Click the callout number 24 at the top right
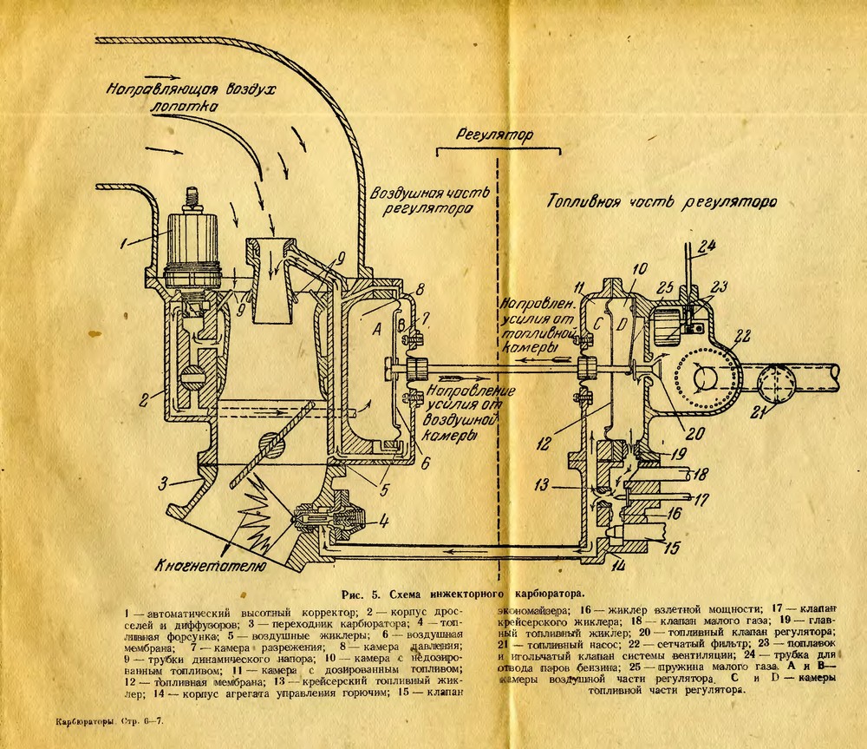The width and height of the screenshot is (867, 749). coord(707,246)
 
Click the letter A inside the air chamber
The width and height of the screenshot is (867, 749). coord(375,330)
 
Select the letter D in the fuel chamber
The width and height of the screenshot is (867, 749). coord(621,325)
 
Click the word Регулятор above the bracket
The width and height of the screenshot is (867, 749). coord(496,136)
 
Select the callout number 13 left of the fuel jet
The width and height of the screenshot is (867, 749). coord(543,485)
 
